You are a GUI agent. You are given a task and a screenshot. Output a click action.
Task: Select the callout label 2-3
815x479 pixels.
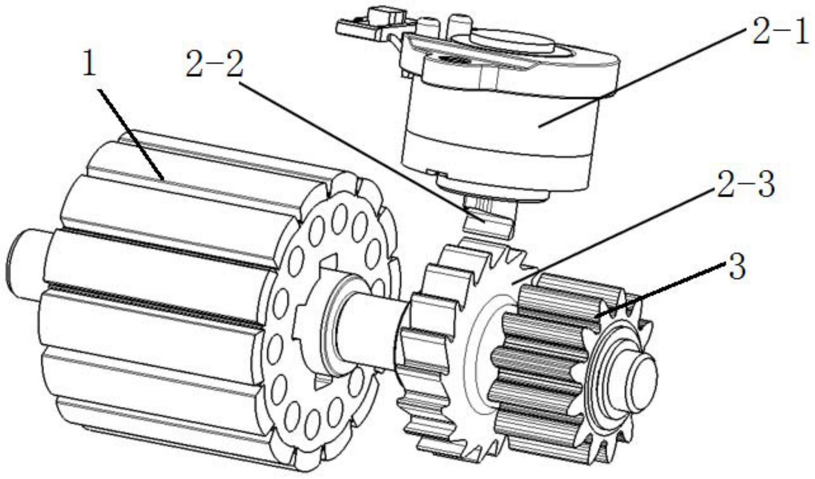[x=746, y=185]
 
